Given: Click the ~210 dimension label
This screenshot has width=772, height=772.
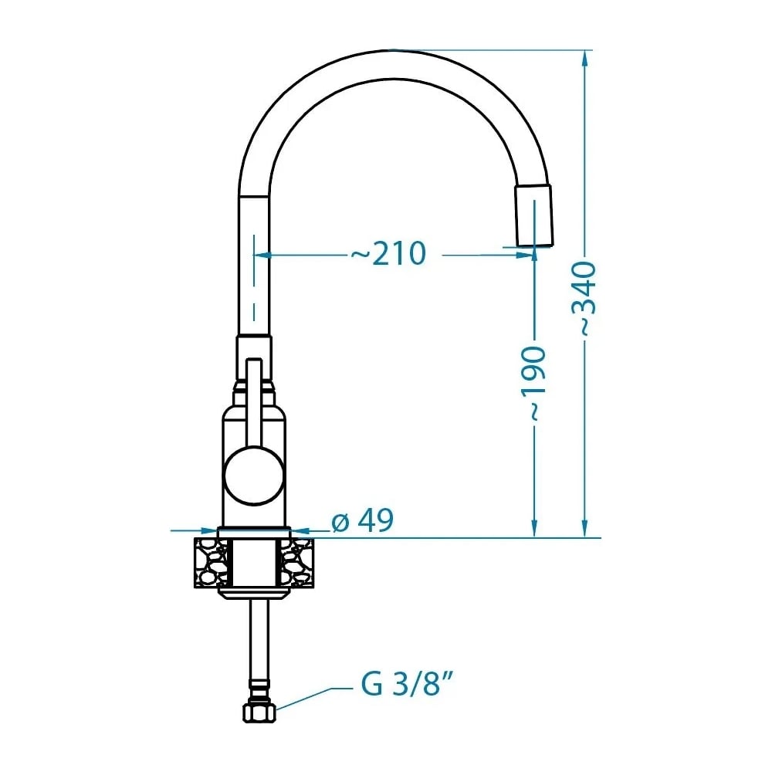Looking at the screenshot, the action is [388, 253].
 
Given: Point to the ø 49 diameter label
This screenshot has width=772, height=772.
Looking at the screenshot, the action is [362, 520].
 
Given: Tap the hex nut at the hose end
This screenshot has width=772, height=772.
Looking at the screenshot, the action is [259, 712].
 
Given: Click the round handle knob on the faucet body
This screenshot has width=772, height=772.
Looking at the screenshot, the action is [254, 475].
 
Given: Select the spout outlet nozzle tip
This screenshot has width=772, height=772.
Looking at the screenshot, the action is [534, 215].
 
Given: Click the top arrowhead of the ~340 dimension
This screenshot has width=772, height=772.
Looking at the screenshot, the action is [584, 59].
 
